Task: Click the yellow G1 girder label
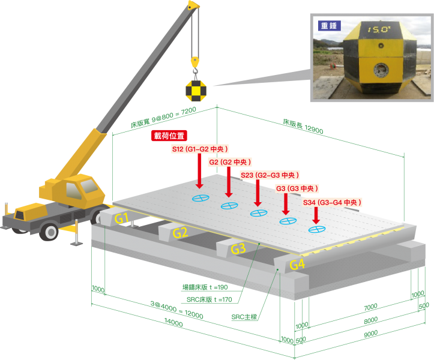[122, 218]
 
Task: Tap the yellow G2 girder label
[180, 233]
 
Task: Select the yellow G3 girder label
[238, 248]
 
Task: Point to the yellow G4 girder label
[297, 264]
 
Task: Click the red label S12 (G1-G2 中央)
[200, 149]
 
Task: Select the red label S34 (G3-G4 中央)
[332, 203]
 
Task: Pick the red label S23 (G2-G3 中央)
[270, 175]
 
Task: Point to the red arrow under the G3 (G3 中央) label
[286, 204]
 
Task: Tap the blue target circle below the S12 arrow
[200, 198]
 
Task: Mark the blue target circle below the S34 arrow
[316, 229]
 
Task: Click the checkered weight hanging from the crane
[196, 91]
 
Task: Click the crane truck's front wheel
[50, 230]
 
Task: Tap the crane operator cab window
[73, 191]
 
